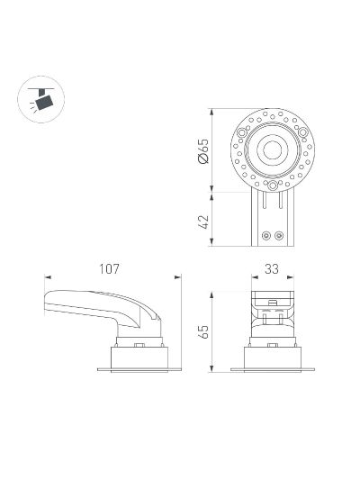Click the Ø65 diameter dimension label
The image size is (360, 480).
pyautogui.click(x=203, y=151)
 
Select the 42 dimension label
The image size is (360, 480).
pyautogui.click(x=203, y=222)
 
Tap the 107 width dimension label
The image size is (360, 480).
pyautogui.click(x=109, y=268)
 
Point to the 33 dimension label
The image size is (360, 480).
pyautogui.click(x=272, y=268)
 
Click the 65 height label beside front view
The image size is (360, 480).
pyautogui.click(x=203, y=331)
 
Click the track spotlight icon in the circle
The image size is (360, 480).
pyautogui.click(x=42, y=99)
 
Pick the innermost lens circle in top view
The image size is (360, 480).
pyautogui.click(x=272, y=150)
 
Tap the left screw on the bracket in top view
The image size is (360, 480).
pyautogui.click(x=266, y=236)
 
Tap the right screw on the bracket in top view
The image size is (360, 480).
pyautogui.click(x=279, y=236)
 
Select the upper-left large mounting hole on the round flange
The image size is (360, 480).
pyautogui.click(x=242, y=133)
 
